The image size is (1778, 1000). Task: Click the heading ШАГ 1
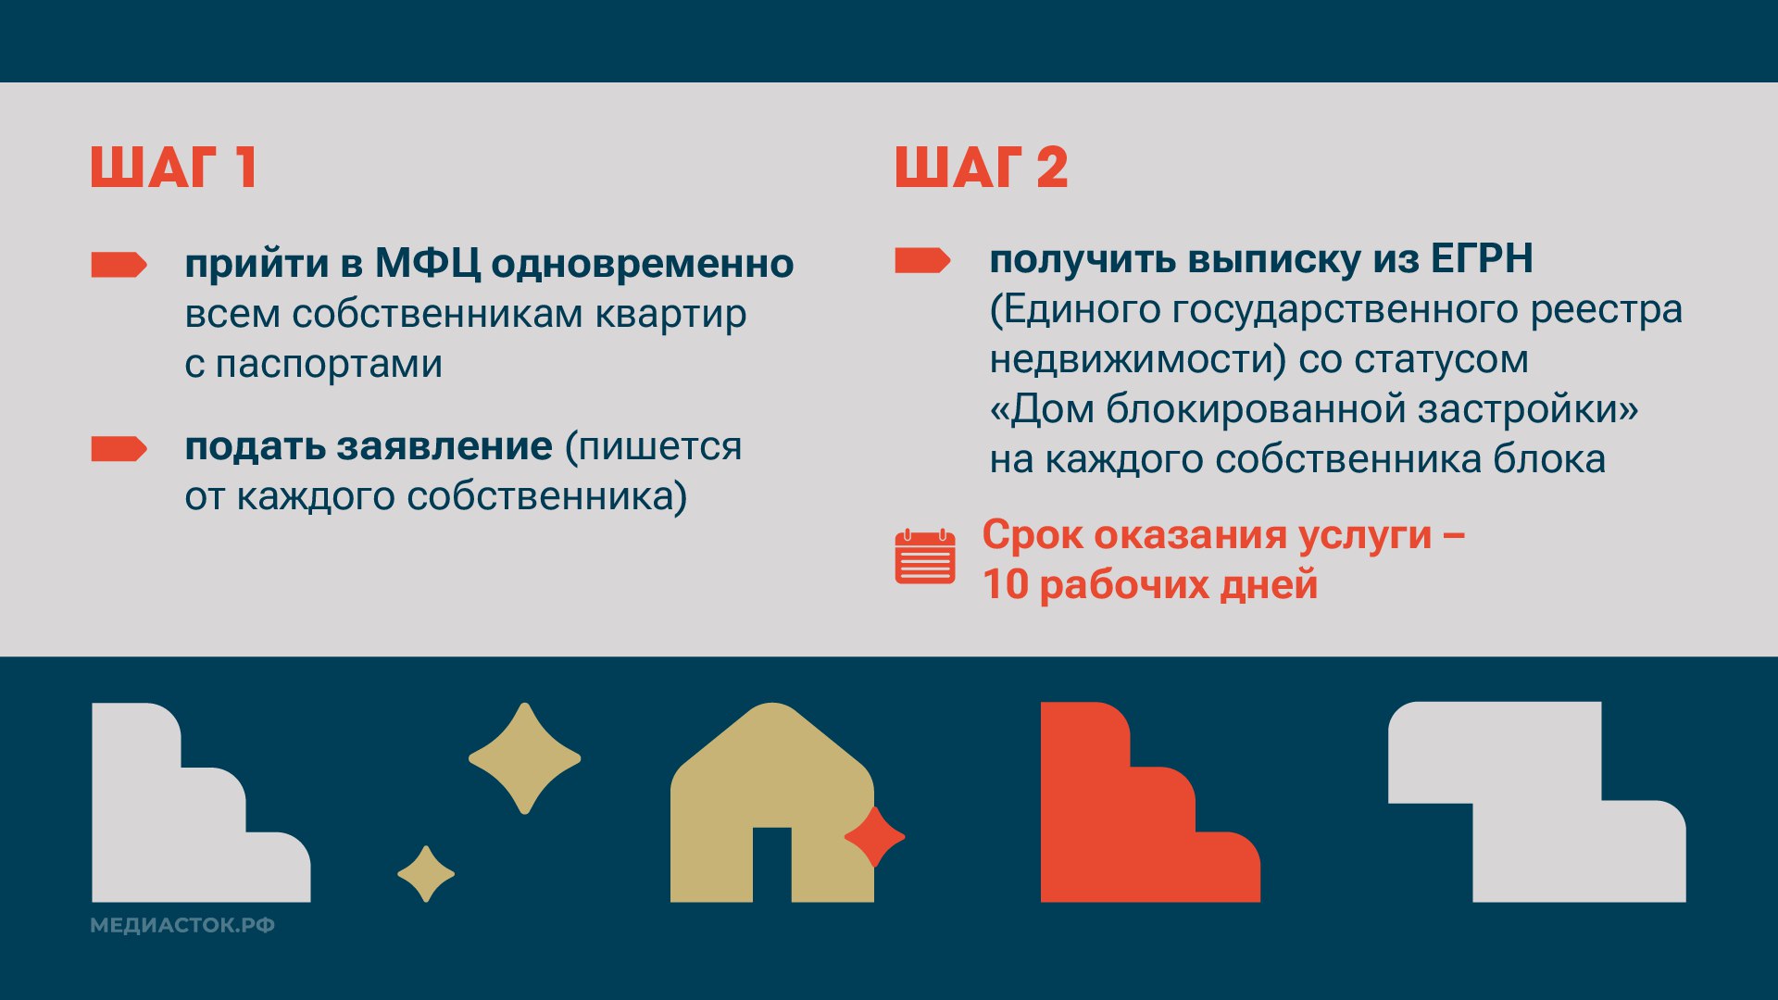pyautogui.click(x=173, y=168)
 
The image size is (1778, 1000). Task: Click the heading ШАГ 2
pyautogui.click(x=982, y=168)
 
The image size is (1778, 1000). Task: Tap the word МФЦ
pyautogui.click(x=427, y=264)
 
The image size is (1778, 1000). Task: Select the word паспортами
pyautogui.click(x=329, y=364)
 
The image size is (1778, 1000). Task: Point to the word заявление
pyautogui.click(x=444, y=446)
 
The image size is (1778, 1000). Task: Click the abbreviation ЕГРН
pyautogui.click(x=1482, y=258)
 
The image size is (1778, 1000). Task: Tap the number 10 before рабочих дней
pyautogui.click(x=1006, y=585)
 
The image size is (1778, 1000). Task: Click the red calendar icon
pyautogui.click(x=925, y=556)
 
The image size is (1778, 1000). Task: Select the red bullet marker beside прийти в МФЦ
pyautogui.click(x=119, y=265)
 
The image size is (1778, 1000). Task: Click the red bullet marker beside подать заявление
pyautogui.click(x=119, y=449)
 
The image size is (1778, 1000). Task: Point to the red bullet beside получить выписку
pyautogui.click(x=922, y=261)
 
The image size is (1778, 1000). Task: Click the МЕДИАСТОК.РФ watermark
pyautogui.click(x=182, y=926)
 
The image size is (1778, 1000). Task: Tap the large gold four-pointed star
pyautogui.click(x=525, y=758)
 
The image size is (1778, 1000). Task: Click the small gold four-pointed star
pyautogui.click(x=426, y=873)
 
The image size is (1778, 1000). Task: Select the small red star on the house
pyautogui.click(x=874, y=837)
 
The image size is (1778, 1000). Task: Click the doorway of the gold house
pyautogui.click(x=772, y=865)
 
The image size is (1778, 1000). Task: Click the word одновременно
pyautogui.click(x=643, y=264)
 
